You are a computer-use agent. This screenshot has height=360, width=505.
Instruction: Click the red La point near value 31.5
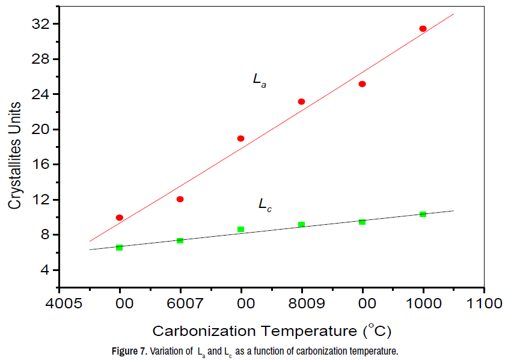coord(423,29)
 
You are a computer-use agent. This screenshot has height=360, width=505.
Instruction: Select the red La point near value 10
coord(120,218)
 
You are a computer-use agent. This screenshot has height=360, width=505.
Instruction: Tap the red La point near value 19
coord(240,138)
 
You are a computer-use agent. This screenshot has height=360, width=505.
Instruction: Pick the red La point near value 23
coord(301,102)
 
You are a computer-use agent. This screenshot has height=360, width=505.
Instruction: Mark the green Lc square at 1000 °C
coord(423,214)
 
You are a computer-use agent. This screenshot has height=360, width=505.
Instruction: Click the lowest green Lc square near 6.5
coord(120,248)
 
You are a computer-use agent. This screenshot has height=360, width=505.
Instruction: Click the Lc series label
coord(265,204)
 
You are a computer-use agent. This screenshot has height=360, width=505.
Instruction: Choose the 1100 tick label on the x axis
coord(484,303)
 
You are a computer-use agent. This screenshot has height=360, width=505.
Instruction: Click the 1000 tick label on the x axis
coord(423,303)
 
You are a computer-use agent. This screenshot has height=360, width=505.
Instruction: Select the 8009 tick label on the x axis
coord(302,303)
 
